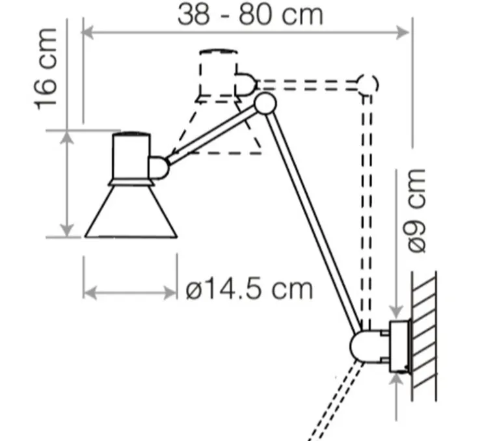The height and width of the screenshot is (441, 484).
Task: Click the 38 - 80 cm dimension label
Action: click(250, 14)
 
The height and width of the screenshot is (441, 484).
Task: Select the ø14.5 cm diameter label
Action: click(249, 288)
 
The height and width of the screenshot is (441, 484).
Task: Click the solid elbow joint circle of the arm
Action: click(264, 103)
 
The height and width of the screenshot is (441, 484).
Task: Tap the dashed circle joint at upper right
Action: click(367, 84)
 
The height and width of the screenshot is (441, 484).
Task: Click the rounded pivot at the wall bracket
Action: click(364, 345)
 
